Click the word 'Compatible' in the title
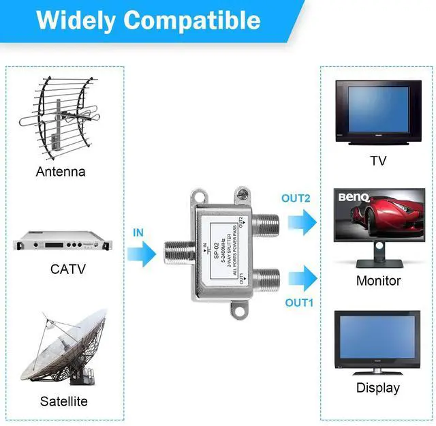[192, 20]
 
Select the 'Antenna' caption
[61, 172]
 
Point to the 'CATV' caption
[68, 269]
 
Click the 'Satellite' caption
[63, 401]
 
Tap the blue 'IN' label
[138, 232]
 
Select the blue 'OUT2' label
[296, 198]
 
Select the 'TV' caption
[378, 161]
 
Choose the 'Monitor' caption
[378, 281]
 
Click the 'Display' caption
[378, 388]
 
